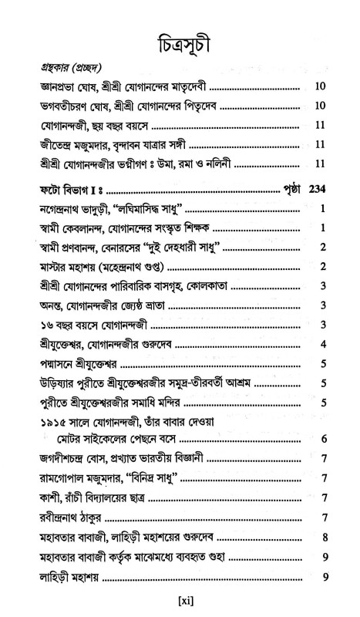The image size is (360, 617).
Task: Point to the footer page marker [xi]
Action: tap(178, 598)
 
